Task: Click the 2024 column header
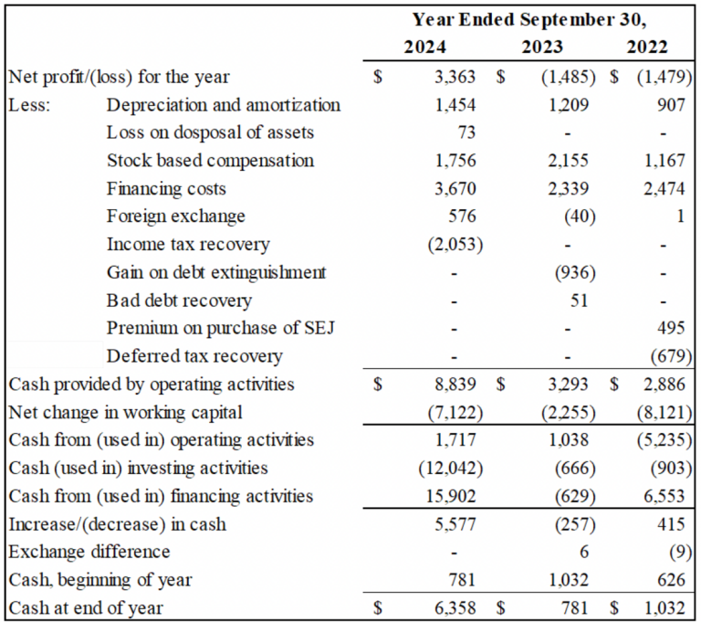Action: coord(425,47)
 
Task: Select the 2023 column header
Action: coord(541,47)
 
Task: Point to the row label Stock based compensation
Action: coord(210,161)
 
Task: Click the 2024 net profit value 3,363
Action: coord(455,77)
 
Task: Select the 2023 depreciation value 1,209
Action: coord(571,105)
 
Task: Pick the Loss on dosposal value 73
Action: coord(466,132)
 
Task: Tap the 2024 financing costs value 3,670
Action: coord(455,189)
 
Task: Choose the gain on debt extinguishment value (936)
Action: coord(573,272)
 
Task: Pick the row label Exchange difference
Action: coord(89,552)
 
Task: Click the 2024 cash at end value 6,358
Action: coord(455,608)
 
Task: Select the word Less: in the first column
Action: coord(29,105)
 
